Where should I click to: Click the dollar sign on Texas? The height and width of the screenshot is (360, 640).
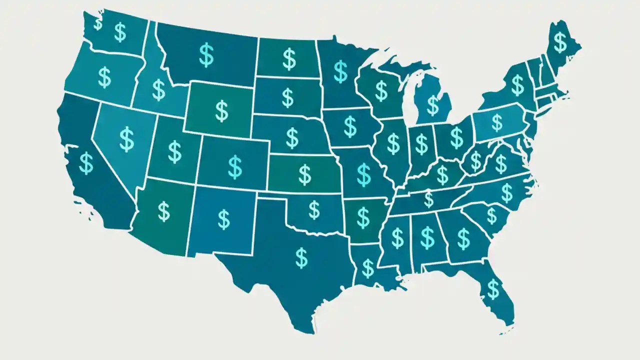[x=301, y=257]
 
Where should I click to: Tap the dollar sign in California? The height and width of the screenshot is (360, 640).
[x=86, y=163]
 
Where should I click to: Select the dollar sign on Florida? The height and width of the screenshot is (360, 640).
[x=493, y=288]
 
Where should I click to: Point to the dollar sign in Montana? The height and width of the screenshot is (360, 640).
[x=206, y=55]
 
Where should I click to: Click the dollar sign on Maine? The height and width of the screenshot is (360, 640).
[x=560, y=42]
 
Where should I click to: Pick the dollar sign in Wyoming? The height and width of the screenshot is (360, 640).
[x=221, y=110]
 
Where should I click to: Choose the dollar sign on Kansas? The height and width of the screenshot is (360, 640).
[x=304, y=174]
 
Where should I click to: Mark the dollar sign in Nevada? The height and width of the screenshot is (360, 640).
[x=126, y=139]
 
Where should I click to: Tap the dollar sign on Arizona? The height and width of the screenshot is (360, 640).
[x=163, y=210]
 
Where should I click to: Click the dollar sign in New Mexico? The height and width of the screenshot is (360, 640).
[x=224, y=219]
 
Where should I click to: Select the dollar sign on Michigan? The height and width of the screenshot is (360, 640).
[x=432, y=105]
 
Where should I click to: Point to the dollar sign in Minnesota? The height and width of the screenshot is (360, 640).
[x=340, y=71]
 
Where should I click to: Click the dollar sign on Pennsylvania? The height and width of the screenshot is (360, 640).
[x=496, y=122]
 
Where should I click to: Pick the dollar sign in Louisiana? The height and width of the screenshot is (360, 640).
[x=368, y=267]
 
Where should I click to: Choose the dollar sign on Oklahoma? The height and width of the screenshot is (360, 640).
[x=314, y=210]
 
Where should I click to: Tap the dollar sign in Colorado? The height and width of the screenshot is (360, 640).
[x=234, y=167]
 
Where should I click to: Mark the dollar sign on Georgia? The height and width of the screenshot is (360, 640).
[x=463, y=238]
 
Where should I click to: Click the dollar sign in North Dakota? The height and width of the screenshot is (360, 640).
[x=289, y=58]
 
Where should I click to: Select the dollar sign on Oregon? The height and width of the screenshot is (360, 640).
[x=104, y=77]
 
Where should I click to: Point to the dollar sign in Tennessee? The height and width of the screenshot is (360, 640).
[x=428, y=199]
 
